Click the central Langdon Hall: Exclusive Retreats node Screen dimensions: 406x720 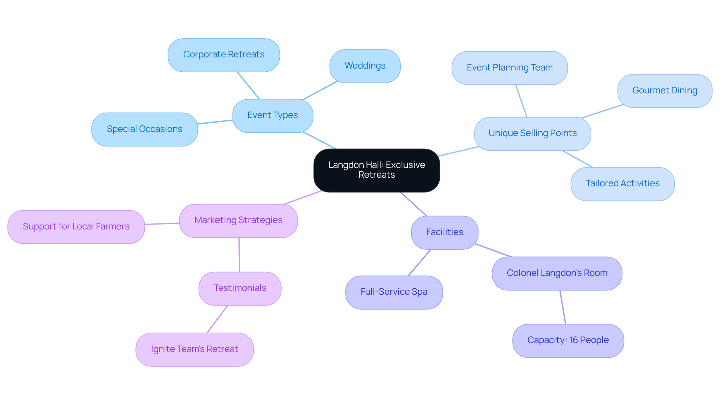(376, 170)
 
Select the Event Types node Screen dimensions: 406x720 (273, 115)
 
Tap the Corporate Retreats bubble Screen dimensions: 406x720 (223, 55)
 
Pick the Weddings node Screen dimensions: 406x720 (365, 66)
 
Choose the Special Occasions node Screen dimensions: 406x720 (144, 129)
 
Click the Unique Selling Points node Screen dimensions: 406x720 (532, 133)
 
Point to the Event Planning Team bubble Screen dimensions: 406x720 (509, 68)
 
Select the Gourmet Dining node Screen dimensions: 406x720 (664, 91)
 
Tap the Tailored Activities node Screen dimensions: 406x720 (622, 184)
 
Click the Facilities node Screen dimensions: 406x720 (444, 232)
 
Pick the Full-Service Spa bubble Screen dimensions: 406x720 (394, 292)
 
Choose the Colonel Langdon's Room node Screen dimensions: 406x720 (556, 273)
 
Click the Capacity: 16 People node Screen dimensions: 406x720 (568, 340)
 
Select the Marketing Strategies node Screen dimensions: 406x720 (238, 220)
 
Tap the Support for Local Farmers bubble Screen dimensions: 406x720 (76, 227)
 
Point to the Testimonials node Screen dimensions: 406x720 (240, 288)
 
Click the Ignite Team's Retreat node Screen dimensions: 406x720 (194, 349)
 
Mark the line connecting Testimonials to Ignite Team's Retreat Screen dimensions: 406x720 (217, 319)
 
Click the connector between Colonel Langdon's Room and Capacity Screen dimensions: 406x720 (562, 307)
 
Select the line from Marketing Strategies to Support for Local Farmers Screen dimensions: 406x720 (162, 224)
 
